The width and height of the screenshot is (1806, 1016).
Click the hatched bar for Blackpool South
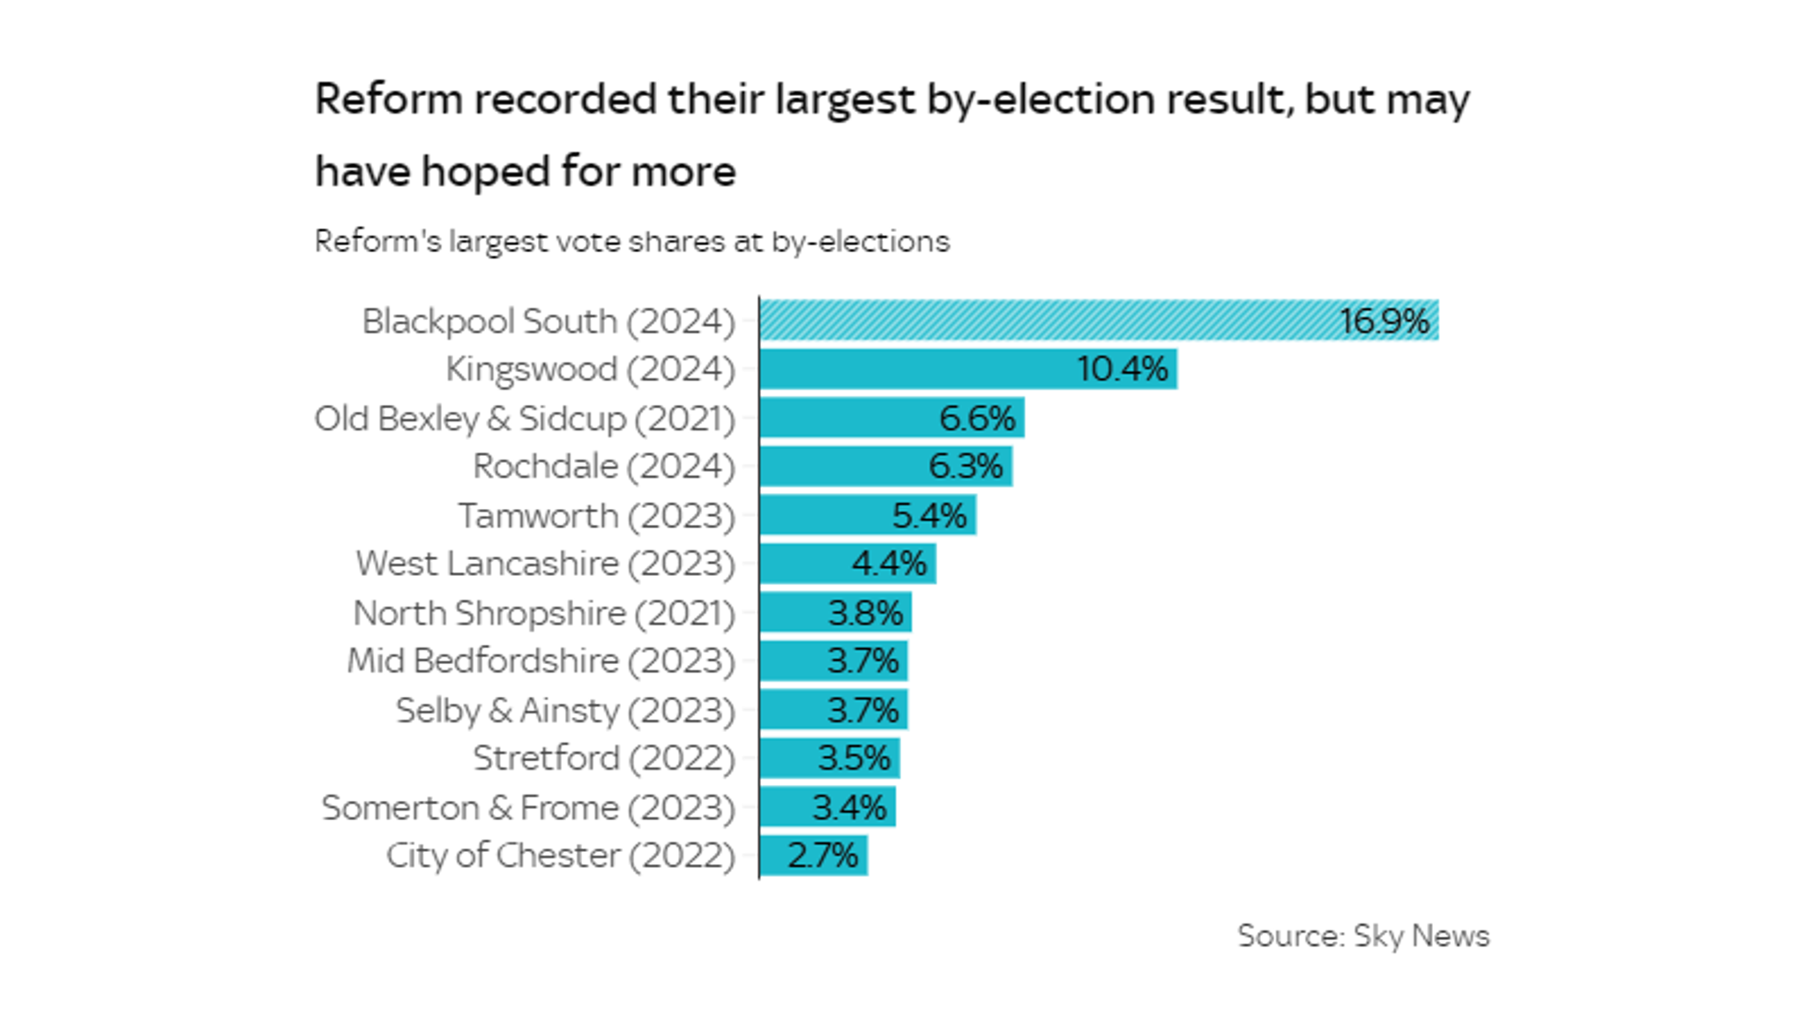1041,320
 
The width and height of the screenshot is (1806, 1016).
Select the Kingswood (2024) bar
917,369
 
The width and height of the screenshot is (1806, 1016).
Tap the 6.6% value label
977,418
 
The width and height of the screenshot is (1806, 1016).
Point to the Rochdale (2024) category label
603,467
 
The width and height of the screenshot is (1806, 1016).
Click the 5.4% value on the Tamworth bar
929,515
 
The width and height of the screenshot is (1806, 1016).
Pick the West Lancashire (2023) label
545,564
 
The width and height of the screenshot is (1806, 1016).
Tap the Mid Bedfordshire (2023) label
541,661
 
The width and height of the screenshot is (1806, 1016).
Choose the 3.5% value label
854,758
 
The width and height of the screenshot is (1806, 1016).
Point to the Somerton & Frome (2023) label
527,807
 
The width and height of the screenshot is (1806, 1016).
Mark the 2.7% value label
822,855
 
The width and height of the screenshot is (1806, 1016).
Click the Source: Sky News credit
1362,936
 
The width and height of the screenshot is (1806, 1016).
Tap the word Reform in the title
389,99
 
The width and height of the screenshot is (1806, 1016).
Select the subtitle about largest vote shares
631,242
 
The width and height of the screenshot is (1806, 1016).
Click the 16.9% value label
1384,320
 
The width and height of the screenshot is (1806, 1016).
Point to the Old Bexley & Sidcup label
525,418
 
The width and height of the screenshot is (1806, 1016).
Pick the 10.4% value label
1122,369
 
